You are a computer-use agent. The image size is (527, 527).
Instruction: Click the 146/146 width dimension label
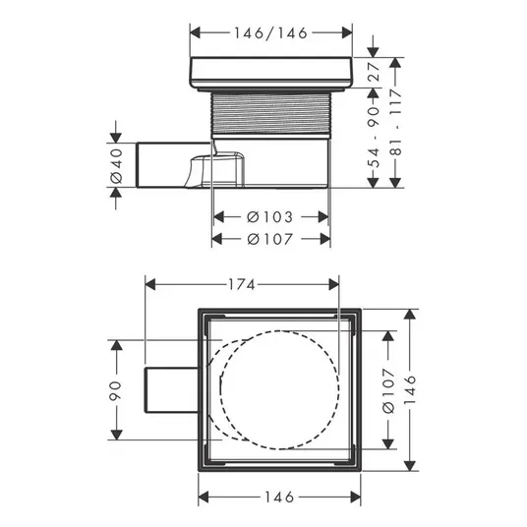(x=271, y=33)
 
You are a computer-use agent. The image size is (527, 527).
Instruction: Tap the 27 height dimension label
(x=374, y=71)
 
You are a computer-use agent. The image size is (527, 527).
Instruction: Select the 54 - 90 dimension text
(x=374, y=137)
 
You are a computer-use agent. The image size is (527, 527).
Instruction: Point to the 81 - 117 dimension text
(x=397, y=122)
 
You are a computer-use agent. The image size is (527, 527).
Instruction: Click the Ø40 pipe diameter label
(x=116, y=166)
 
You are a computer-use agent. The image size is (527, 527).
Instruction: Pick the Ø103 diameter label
(x=270, y=217)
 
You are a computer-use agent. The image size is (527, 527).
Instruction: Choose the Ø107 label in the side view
(x=270, y=239)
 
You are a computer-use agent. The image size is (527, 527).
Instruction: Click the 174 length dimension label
(x=242, y=285)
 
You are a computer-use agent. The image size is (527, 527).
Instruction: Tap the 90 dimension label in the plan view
(x=115, y=391)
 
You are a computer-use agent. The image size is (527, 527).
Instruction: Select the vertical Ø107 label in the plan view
(x=388, y=390)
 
